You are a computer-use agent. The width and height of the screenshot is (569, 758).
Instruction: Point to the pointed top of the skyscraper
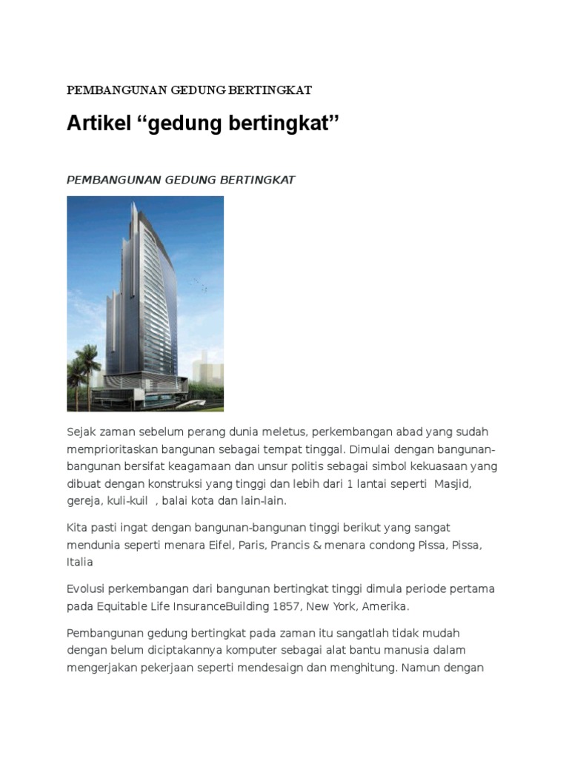tap(135, 203)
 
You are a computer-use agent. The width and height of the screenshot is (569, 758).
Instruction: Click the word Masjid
tap(453, 483)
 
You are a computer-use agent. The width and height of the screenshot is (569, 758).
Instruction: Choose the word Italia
tap(80, 563)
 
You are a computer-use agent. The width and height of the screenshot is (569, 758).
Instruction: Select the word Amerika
tap(385, 606)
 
